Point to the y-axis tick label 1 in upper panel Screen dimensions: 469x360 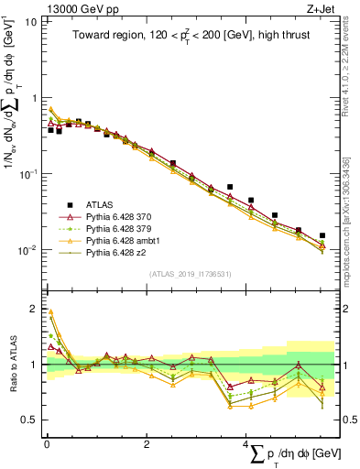(34, 97)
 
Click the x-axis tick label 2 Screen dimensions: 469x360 (147, 444)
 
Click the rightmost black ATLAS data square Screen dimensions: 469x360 (323, 235)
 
